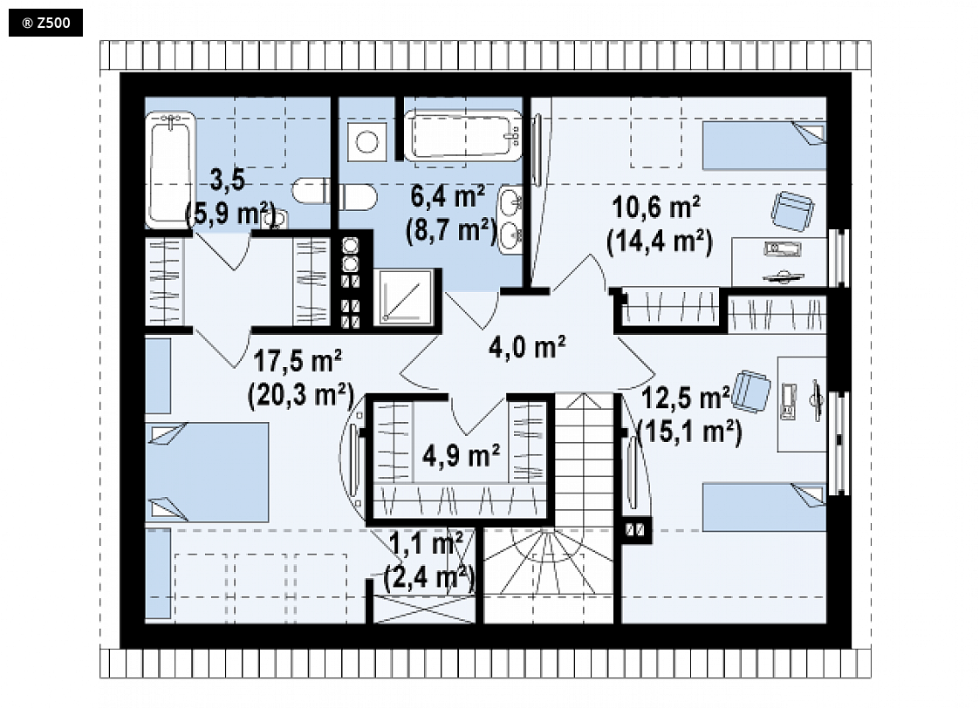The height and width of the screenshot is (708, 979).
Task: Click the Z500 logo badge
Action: (45, 23)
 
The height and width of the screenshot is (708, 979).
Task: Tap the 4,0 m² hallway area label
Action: (527, 347)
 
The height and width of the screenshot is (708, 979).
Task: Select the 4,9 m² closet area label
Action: (461, 455)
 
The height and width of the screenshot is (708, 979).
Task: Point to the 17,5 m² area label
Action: (298, 361)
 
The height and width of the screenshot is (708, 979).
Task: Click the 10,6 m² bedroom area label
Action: (656, 208)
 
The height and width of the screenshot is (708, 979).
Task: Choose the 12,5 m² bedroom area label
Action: (685, 398)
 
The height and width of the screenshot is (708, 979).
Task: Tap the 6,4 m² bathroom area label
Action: (448, 196)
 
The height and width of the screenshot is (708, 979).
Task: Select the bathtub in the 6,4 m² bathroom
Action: (462, 135)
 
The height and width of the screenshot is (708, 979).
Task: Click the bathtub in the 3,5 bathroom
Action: (170, 170)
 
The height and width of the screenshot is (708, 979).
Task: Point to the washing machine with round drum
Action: (366, 141)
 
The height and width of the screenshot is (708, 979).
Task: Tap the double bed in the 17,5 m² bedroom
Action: (208, 473)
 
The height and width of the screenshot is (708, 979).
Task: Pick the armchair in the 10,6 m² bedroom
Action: (791, 210)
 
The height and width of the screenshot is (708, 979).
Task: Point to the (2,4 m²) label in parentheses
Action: (429, 576)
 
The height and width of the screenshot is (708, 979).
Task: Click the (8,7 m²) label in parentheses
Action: (451, 231)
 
